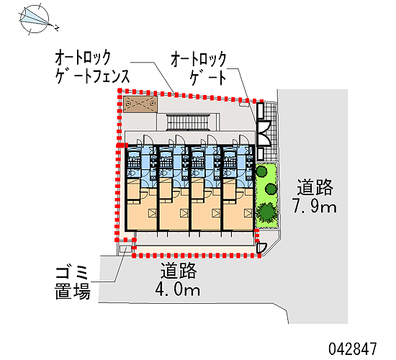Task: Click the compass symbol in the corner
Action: click(35, 19)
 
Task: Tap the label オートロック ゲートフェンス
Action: click(92, 67)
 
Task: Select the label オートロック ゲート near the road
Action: click(199, 68)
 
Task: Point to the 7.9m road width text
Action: click(315, 206)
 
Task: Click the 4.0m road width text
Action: click(178, 289)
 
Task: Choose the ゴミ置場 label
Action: click(73, 283)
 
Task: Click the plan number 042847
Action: click(353, 349)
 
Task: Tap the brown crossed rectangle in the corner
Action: click(140, 104)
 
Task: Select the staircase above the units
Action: click(188, 122)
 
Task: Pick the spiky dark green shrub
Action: click(266, 212)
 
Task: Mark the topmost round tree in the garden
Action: click(261, 171)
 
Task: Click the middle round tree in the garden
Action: click(271, 189)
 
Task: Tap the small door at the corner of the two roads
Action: click(261, 248)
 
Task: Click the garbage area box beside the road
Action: click(125, 249)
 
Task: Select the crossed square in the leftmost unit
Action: click(153, 213)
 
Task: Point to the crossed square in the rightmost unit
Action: click(248, 213)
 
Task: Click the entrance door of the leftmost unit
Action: click(147, 140)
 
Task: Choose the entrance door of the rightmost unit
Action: click(243, 140)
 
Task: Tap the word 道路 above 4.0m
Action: click(179, 271)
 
